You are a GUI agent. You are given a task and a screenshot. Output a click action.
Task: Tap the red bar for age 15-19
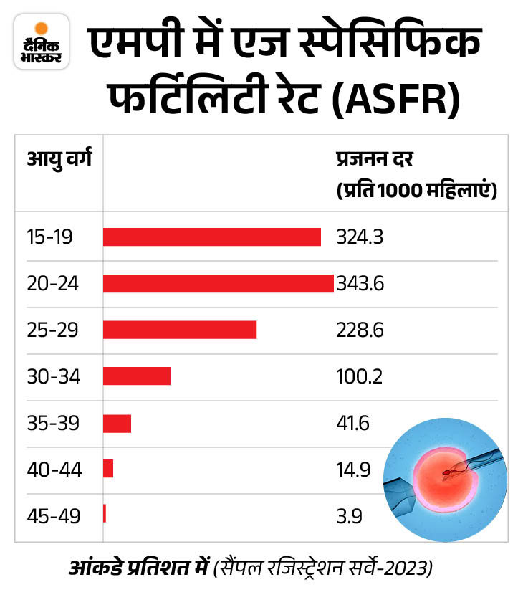click(x=211, y=237)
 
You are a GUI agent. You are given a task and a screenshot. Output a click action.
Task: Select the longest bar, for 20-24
click(x=218, y=283)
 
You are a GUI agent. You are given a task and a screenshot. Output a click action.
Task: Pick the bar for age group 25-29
click(x=179, y=330)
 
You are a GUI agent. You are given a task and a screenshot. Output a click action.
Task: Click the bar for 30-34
click(x=136, y=376)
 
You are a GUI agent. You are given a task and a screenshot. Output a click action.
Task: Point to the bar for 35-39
click(x=117, y=423)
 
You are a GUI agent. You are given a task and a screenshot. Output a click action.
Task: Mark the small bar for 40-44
click(x=108, y=469)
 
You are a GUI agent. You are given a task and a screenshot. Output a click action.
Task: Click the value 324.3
click(x=360, y=237)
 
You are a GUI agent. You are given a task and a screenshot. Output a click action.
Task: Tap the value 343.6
click(x=360, y=284)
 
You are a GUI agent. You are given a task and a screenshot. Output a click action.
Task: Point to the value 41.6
click(x=352, y=424)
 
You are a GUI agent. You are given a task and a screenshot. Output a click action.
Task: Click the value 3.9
click(x=347, y=516)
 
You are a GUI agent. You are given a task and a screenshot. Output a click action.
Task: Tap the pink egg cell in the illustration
click(x=441, y=477)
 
